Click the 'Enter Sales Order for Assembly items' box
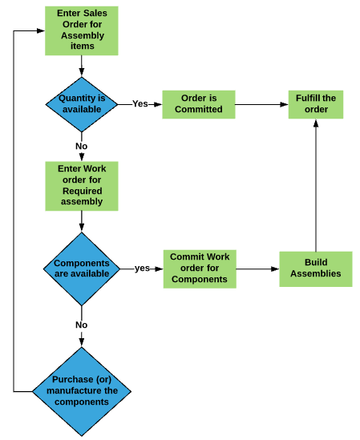coord(82,30)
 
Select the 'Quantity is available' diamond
coord(82,104)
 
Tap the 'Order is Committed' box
coord(199,104)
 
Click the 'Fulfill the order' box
coord(316,104)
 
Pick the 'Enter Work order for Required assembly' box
coord(82,186)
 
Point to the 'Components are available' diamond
coord(82,268)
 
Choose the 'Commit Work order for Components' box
coord(200,268)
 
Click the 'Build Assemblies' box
coord(316,269)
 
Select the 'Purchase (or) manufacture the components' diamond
coord(82,391)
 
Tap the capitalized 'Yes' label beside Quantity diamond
coord(140,104)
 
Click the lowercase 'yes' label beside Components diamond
coord(142,268)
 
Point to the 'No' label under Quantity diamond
coord(82,146)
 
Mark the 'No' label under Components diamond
coord(82,325)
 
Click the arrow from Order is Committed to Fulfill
coord(261,104)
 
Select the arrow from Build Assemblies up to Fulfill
coord(316,185)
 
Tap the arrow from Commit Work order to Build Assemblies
coord(258,268)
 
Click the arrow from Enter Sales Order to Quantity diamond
coord(82,66)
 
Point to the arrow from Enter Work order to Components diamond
coord(82,221)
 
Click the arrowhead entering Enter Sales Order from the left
coord(41,30)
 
